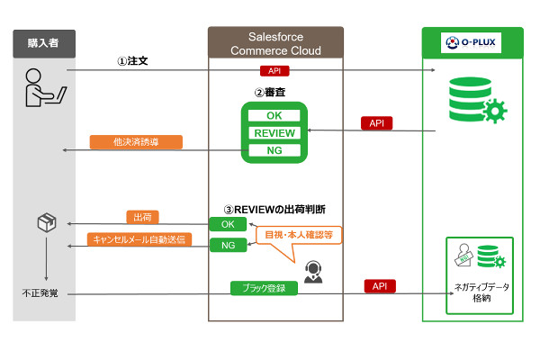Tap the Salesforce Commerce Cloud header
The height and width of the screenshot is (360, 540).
(275, 42)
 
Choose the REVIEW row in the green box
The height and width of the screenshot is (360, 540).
(274, 133)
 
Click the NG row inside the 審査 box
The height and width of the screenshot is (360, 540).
(274, 150)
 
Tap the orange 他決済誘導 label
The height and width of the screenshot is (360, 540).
(135, 142)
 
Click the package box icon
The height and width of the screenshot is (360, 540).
(47, 221)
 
